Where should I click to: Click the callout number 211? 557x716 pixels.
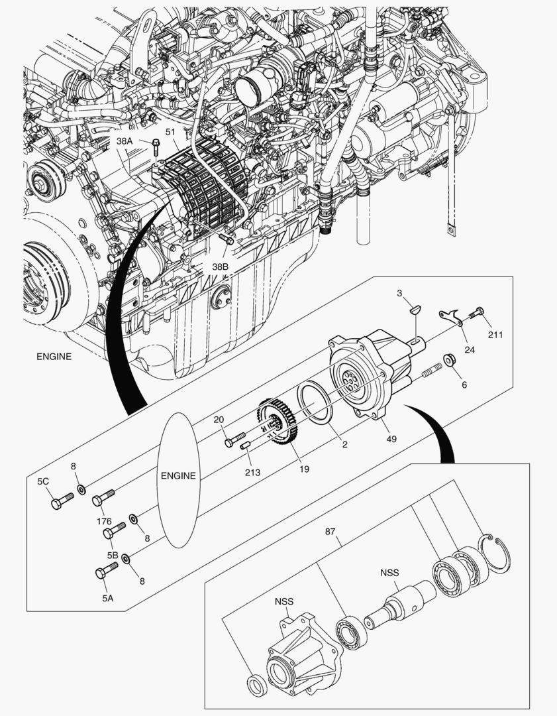[x=495, y=335]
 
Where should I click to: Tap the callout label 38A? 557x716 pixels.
[x=124, y=141]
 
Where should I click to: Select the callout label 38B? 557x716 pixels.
[x=220, y=267]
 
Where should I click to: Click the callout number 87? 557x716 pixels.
[x=331, y=532]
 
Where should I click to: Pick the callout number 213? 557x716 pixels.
[x=252, y=472]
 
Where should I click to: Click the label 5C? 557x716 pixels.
[x=43, y=482]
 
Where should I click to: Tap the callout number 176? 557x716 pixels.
[x=104, y=521]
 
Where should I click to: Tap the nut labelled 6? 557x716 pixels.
[x=448, y=360]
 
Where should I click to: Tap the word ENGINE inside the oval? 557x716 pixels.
[x=178, y=475]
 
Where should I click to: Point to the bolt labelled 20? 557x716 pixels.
[x=234, y=441]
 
